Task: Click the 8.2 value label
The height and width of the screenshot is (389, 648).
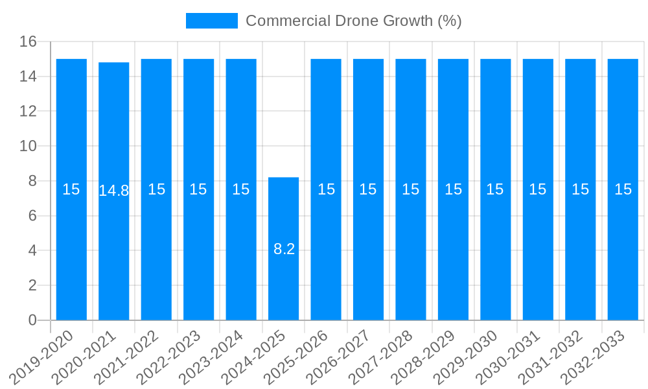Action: coord(284,249)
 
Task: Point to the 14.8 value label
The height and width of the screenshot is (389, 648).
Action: coord(114,191)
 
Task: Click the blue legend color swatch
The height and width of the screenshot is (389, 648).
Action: coord(211,21)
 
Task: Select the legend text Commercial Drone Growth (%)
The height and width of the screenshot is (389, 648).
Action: coord(354,21)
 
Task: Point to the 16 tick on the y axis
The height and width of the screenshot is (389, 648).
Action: coord(28,42)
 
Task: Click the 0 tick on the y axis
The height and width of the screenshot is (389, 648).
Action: coord(32,320)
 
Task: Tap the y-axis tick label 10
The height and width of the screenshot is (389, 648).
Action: coord(28,147)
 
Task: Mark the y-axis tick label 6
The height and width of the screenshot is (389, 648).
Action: coord(32,216)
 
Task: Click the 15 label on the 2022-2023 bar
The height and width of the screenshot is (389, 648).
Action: coord(198,189)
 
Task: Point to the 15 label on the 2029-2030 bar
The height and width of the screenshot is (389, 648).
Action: coord(495,189)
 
